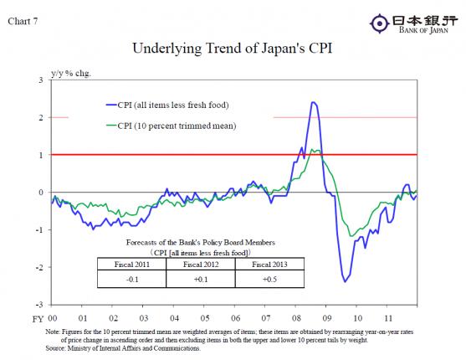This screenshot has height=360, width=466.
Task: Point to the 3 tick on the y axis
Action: (42, 80)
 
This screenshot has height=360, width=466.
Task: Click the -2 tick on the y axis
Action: (40, 268)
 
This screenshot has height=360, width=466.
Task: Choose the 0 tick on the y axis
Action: (42, 193)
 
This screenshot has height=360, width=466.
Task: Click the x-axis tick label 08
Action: (296, 319)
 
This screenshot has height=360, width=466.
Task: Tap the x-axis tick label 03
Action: (144, 319)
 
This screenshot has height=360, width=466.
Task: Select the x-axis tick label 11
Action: (387, 319)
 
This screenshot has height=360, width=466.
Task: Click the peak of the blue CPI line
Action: (312, 102)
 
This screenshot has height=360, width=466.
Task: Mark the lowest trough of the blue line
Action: (345, 281)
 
